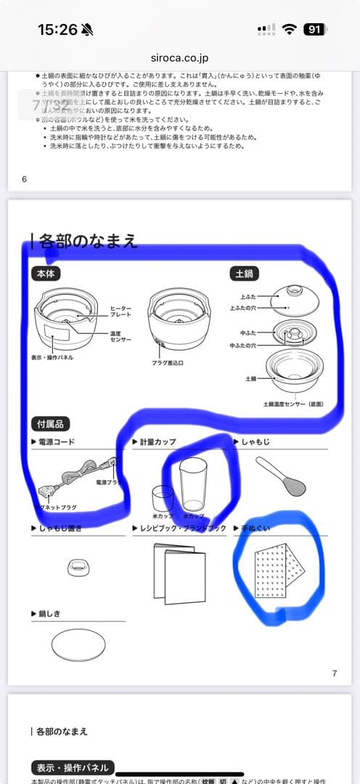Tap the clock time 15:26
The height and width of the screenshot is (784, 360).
pyautogui.click(x=57, y=30)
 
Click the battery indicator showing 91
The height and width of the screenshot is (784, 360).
pyautogui.click(x=314, y=30)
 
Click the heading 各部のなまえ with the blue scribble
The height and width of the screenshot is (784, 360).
pyautogui.click(x=88, y=241)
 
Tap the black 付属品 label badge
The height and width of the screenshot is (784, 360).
pyautogui.click(x=53, y=424)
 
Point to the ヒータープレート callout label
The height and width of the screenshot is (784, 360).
pyautogui.click(x=120, y=311)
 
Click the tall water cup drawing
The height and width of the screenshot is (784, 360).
pyautogui.click(x=193, y=484)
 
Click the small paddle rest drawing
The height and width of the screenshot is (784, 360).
pyautogui.click(x=78, y=566)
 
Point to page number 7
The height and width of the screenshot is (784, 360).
pyautogui.click(x=334, y=673)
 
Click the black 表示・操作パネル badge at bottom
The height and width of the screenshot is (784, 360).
pyautogui.click(x=70, y=768)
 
